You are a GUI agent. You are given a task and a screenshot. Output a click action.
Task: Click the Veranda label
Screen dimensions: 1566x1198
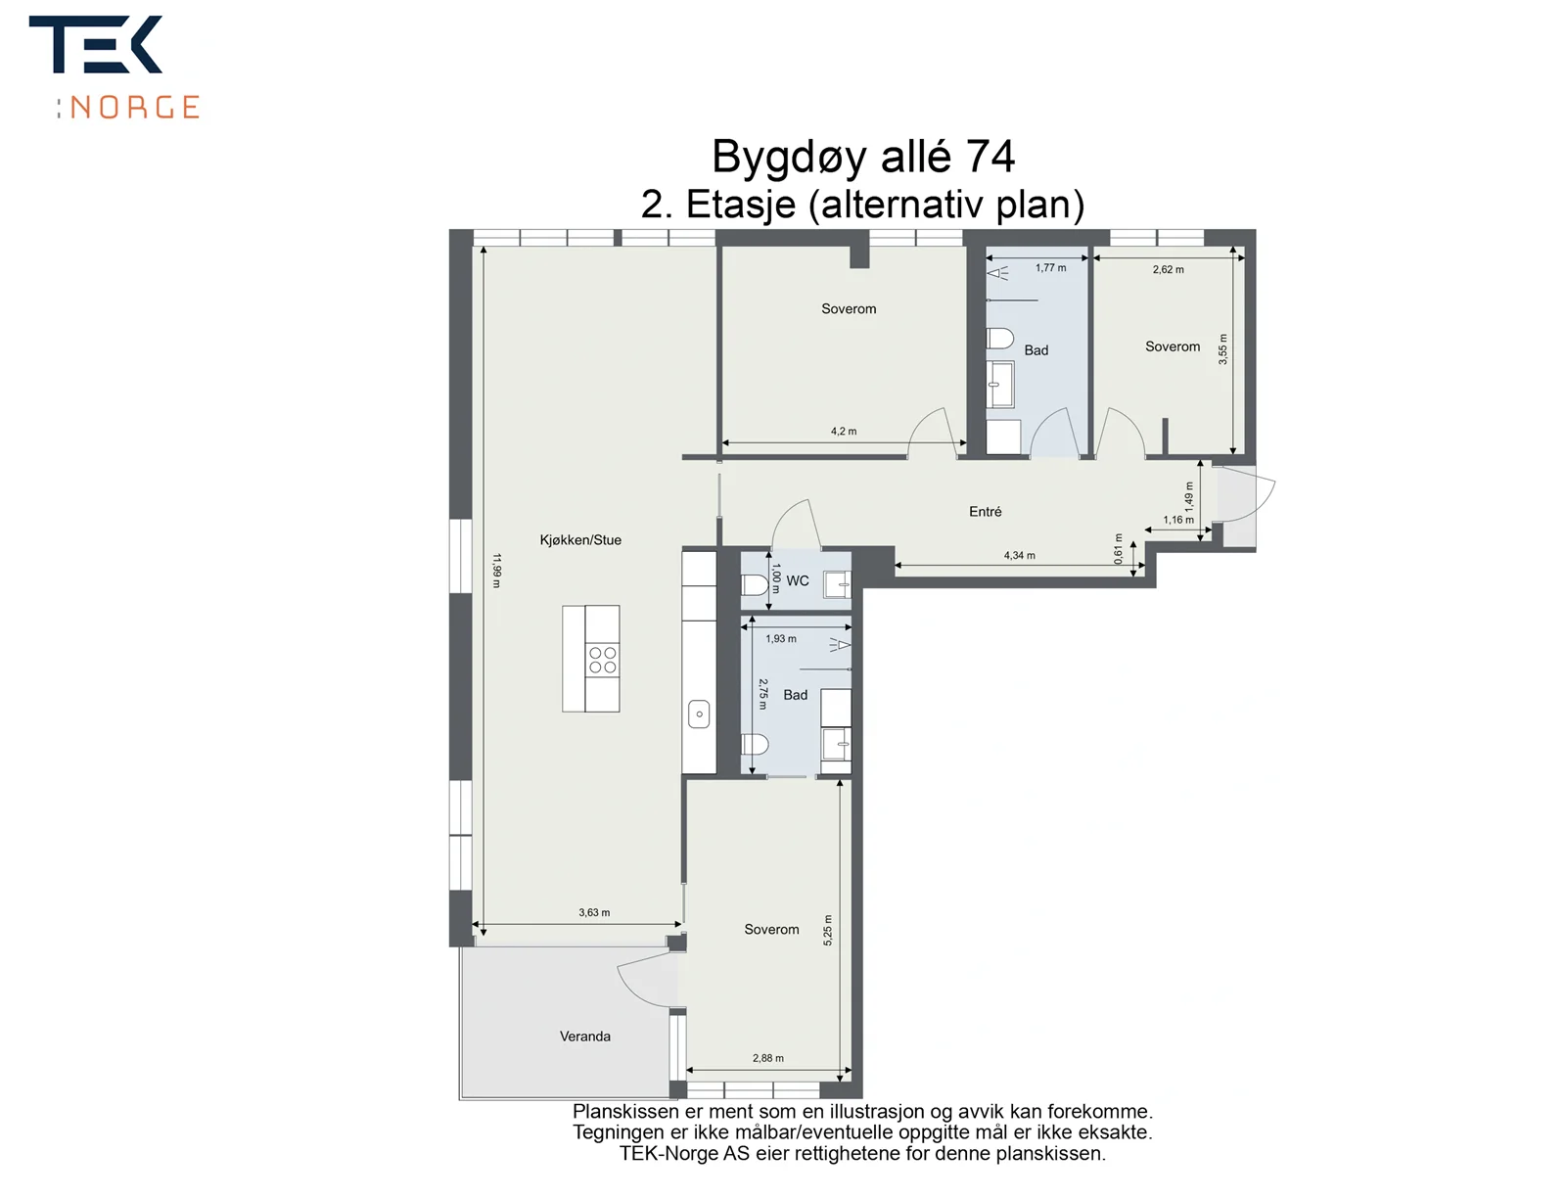click(x=584, y=1037)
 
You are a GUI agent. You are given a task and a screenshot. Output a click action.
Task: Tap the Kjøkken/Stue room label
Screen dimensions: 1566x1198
click(x=580, y=540)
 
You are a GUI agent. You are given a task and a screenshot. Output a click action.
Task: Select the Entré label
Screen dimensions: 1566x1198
click(x=985, y=512)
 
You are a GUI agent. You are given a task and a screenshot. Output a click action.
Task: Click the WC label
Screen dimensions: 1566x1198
click(x=797, y=580)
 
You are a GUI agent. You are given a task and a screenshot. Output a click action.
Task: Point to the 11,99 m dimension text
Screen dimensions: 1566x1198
click(x=496, y=571)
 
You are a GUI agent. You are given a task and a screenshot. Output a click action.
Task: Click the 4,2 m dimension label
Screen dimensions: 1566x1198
click(x=844, y=431)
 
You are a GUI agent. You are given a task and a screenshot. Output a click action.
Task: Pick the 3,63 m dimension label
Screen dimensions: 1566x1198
click(x=593, y=912)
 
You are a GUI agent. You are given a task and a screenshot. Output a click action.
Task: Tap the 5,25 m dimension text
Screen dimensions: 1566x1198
click(x=828, y=931)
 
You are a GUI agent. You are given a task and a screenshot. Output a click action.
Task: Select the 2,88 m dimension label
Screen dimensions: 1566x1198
click(x=767, y=1058)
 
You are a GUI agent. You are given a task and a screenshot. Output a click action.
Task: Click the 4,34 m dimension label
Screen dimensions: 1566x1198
click(x=1019, y=555)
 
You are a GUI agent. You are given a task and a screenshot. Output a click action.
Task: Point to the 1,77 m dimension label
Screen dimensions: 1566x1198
click(x=1050, y=268)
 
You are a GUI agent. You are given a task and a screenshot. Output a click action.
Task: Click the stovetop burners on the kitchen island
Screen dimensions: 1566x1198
click(x=602, y=660)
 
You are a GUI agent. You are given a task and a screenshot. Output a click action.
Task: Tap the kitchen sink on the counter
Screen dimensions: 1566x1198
click(x=699, y=714)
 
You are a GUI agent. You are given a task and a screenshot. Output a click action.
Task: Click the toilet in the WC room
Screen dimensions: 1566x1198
click(x=754, y=585)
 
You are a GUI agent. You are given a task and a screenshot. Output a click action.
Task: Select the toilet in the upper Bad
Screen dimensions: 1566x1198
click(x=999, y=339)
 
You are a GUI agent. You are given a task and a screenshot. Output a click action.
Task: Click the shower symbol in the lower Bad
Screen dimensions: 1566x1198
click(x=840, y=644)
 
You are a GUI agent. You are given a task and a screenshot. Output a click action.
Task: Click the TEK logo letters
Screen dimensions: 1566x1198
click(x=96, y=44)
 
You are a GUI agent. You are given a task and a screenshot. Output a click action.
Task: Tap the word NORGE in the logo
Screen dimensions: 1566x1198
click(x=134, y=108)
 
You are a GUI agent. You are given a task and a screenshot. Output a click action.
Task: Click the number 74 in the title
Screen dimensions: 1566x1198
click(x=990, y=157)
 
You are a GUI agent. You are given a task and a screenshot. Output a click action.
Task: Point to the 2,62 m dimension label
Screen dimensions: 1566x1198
click(x=1168, y=270)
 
